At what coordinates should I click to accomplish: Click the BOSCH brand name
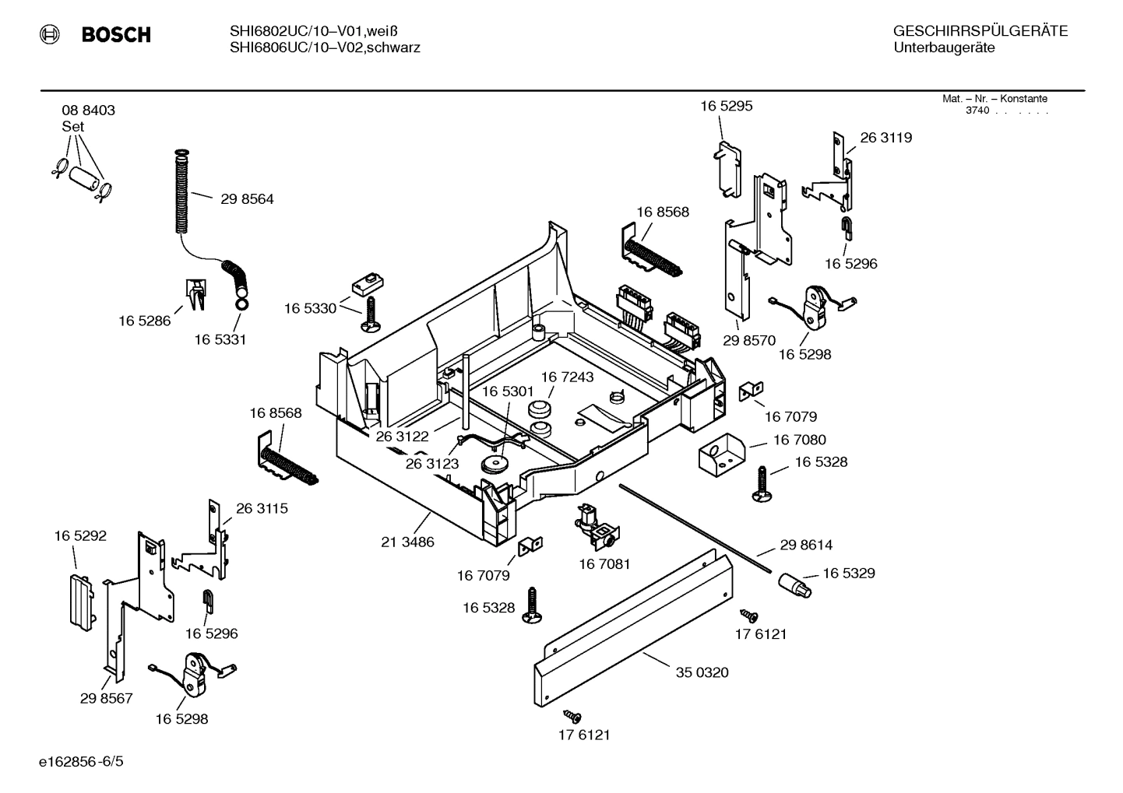(x=115, y=34)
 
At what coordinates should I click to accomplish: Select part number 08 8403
(x=88, y=111)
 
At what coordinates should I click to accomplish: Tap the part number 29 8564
(x=247, y=199)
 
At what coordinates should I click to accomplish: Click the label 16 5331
(x=220, y=340)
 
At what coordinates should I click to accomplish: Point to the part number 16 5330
(x=310, y=309)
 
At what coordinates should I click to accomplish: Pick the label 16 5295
(x=726, y=107)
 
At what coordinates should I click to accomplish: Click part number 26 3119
(x=885, y=138)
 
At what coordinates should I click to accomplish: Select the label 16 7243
(x=567, y=377)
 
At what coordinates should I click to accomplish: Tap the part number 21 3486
(x=407, y=542)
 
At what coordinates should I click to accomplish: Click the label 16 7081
(x=604, y=564)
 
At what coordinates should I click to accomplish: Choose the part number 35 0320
(x=702, y=672)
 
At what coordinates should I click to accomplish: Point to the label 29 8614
(x=806, y=546)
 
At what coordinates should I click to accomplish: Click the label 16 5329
(x=848, y=574)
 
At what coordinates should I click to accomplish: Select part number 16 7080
(x=799, y=440)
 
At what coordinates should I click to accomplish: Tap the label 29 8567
(x=106, y=699)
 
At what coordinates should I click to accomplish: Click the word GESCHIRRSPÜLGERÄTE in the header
(x=980, y=32)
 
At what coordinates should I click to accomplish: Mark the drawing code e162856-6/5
(x=81, y=761)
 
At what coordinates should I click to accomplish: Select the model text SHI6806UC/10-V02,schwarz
(x=325, y=48)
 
